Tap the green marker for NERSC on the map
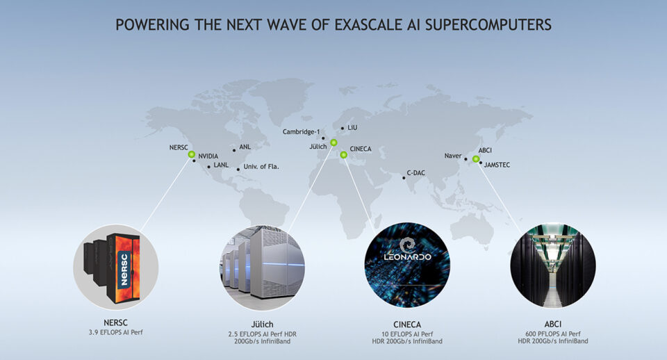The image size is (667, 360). (x=192, y=154)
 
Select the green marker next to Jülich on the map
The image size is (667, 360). (x=334, y=142)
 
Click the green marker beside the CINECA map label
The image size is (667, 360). (x=344, y=155)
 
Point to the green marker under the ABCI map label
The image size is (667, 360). (x=476, y=158)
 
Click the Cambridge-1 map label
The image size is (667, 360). (x=301, y=132)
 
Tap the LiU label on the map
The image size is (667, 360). (x=352, y=128)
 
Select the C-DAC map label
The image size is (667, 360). (x=415, y=173)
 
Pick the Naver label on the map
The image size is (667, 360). (x=452, y=156)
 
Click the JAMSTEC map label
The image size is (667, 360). (x=497, y=165)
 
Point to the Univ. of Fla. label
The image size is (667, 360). (x=261, y=166)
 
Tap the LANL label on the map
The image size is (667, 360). (x=221, y=165)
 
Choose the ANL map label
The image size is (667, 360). (x=245, y=147)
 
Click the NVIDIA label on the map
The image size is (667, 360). (x=208, y=156)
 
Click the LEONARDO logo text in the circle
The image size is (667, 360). (x=408, y=256)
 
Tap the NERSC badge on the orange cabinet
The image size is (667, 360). (x=124, y=269)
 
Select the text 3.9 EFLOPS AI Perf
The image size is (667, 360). (x=116, y=332)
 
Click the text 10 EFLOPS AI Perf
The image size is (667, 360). (x=407, y=334)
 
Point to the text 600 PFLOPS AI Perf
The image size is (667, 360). (x=553, y=334)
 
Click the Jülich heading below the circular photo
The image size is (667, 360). (x=262, y=325)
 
